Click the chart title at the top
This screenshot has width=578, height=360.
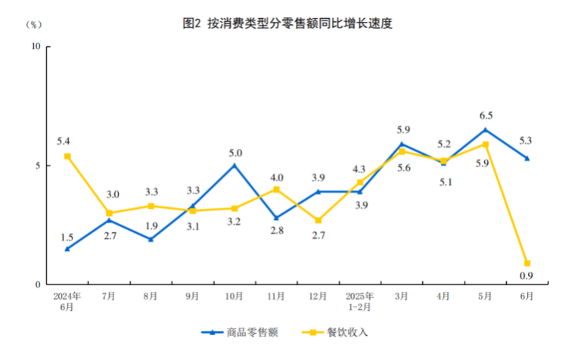288,23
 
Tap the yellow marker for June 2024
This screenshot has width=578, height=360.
67,156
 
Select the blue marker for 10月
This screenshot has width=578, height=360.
235,165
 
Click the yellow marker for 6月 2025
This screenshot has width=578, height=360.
527,263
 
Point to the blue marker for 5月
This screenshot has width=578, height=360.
485,129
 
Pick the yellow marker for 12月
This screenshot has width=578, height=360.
318,220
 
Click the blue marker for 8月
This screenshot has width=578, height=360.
151,239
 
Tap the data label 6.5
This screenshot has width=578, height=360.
486,116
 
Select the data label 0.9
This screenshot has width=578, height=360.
527,276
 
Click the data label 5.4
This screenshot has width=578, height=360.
64,141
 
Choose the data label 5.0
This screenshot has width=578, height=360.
235,153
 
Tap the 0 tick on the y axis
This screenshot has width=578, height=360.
38,284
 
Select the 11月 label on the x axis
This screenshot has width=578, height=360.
276,296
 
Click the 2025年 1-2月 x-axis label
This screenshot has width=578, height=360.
359,302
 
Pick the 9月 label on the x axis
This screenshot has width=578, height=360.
192,296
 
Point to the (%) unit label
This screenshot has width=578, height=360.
35,24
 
